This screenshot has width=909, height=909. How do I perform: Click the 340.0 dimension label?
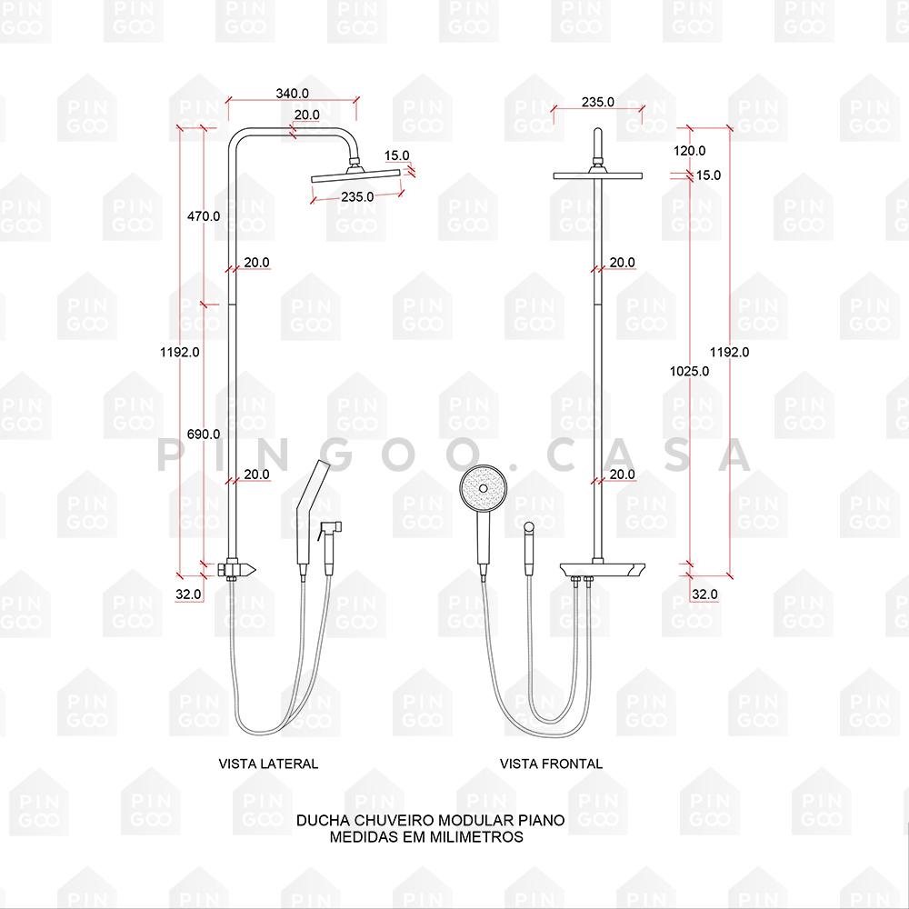(292, 94)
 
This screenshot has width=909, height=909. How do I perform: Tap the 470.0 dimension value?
(204, 216)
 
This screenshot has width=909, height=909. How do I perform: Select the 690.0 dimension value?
(204, 434)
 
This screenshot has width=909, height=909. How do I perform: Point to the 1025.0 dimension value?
(689, 371)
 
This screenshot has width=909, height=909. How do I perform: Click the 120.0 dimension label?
(689, 151)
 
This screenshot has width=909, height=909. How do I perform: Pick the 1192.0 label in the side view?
(180, 352)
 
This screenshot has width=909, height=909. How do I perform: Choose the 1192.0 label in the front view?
(729, 352)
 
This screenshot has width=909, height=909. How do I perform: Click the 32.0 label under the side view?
(188, 594)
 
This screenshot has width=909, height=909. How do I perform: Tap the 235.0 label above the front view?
(598, 102)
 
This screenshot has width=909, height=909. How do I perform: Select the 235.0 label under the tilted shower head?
(357, 196)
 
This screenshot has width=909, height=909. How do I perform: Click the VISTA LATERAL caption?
(268, 764)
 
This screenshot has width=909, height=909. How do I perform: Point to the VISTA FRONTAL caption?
(552, 764)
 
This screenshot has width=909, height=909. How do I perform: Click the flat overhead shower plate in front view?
(598, 175)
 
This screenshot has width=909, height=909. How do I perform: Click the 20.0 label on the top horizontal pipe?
(306, 115)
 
